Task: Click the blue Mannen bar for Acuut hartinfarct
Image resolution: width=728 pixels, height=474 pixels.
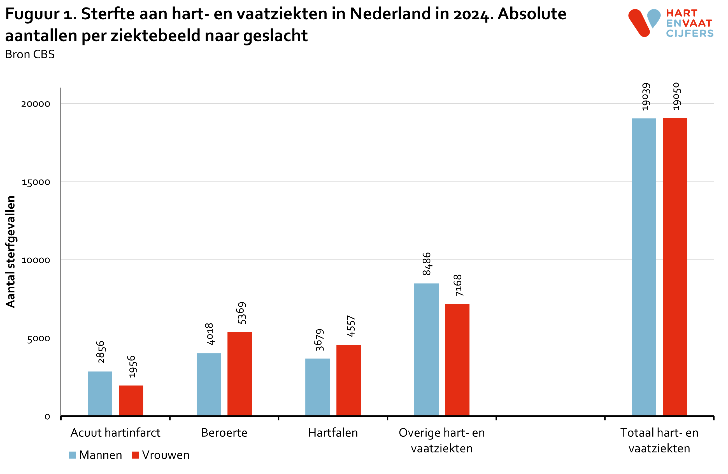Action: tap(100, 394)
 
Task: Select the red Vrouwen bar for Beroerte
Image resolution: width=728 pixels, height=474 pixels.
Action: tap(239, 374)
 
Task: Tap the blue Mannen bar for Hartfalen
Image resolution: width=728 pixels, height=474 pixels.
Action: tap(318, 387)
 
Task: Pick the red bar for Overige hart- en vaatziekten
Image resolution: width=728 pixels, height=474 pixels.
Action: tap(457, 360)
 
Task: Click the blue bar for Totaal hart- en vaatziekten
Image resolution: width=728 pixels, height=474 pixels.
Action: tap(644, 267)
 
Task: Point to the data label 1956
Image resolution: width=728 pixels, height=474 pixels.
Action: tap(132, 367)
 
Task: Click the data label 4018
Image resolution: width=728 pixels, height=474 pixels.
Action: tap(210, 334)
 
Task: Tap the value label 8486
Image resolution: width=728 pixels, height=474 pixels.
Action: tap(426, 264)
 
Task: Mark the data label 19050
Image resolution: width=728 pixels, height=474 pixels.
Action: tap(676, 96)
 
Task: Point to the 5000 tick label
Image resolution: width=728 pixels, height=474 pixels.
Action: tap(38, 339)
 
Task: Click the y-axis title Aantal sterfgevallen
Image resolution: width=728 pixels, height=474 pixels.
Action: tap(10, 251)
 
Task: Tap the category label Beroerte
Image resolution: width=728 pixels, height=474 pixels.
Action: tap(224, 433)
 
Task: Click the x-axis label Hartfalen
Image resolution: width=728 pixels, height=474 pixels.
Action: tap(333, 433)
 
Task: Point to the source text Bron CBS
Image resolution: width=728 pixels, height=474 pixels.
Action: tap(30, 54)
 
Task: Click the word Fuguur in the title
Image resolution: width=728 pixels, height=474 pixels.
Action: tap(32, 14)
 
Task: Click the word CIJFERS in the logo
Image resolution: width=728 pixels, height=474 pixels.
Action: tap(689, 33)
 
